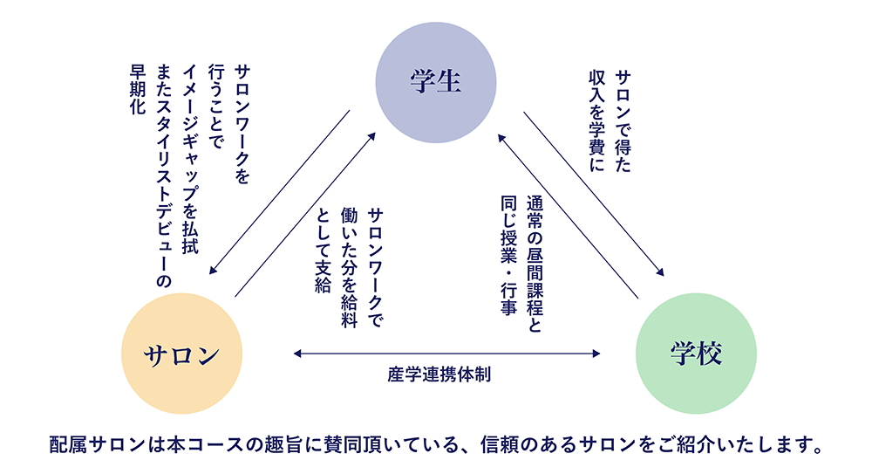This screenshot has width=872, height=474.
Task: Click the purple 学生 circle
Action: click(x=435, y=84)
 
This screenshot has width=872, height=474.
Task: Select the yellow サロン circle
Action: click(x=181, y=354)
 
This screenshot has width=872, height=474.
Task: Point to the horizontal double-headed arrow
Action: click(x=446, y=354)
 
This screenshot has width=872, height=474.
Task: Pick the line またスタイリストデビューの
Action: click(x=163, y=175)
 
